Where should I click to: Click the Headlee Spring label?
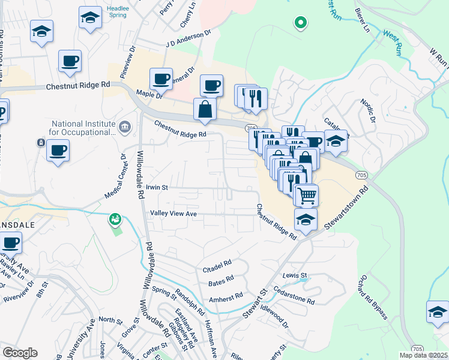point(117,11)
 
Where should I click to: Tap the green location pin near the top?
point(300,23)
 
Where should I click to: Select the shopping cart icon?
point(307,194)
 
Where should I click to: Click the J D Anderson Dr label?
point(189,38)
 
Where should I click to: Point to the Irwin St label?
point(157,187)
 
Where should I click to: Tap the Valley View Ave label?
point(173,214)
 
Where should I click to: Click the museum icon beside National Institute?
point(125,126)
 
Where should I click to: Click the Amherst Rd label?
point(225,296)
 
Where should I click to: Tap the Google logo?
point(20,353)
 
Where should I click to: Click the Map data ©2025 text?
point(423,355)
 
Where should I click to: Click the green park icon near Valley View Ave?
point(114,220)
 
